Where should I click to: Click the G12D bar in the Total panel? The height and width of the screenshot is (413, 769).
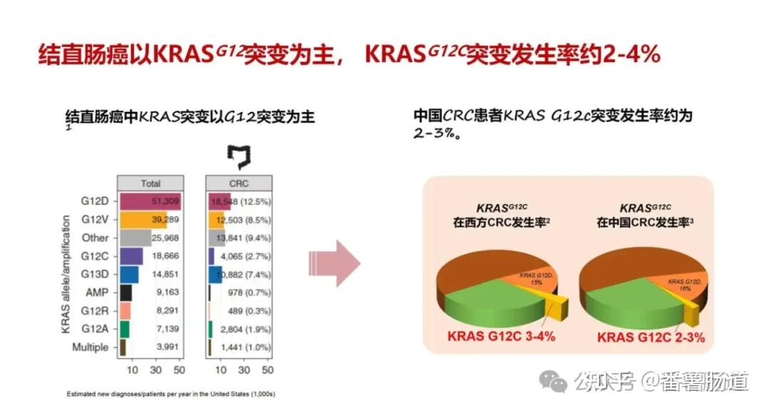(150, 202)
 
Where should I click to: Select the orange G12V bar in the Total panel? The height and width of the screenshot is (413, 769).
(142, 219)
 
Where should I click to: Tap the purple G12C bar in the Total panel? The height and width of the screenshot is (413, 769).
(132, 256)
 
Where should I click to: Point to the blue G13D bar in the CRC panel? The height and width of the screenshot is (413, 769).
(216, 274)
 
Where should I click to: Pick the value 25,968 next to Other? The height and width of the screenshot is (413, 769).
(164, 238)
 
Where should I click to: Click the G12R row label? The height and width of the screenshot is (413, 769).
(95, 311)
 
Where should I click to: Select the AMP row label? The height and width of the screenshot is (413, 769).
(98, 293)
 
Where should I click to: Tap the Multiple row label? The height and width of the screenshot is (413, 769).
(90, 347)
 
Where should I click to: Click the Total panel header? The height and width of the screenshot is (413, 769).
(150, 183)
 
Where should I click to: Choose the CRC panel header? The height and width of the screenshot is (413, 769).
(239, 183)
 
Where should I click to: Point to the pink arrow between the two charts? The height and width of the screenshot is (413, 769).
(334, 263)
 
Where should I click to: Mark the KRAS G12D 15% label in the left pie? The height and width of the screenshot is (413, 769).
(535, 279)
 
